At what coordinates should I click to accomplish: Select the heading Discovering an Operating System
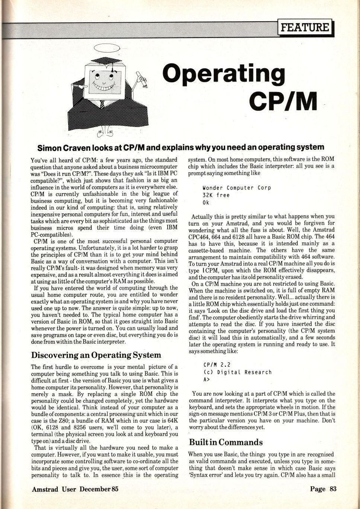click(96, 354)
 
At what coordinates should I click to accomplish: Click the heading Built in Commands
click(226, 442)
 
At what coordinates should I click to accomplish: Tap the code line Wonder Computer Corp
click(237, 188)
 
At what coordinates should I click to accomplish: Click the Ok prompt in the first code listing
click(206, 203)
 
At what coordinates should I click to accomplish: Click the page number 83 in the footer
click(332, 489)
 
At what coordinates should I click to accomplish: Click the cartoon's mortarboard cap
click(102, 60)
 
